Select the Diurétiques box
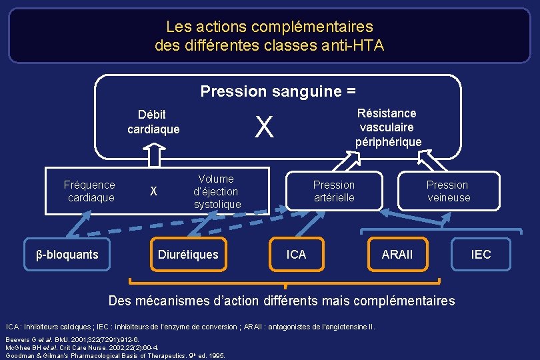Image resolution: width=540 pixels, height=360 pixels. coord(188,255)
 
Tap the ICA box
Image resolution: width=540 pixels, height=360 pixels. coord(296,255)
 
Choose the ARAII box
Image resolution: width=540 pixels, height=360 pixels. coord(397,255)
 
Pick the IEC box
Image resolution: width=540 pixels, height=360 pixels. coord(481,255)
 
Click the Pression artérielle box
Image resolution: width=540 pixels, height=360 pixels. coord(334,191)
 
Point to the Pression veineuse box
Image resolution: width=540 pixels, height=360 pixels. coord(448,191)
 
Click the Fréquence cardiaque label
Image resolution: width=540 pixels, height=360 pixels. coord(89,191)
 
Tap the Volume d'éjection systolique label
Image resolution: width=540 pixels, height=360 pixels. coord(217,191)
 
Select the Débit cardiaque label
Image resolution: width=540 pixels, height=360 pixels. coord(153,122)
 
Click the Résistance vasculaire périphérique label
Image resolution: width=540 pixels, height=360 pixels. coord(387,127)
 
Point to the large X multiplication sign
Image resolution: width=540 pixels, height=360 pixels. coord(265,127)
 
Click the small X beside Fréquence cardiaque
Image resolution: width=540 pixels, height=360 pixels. coord(153,191)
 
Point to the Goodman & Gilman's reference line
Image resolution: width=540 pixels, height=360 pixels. coord(115,355)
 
